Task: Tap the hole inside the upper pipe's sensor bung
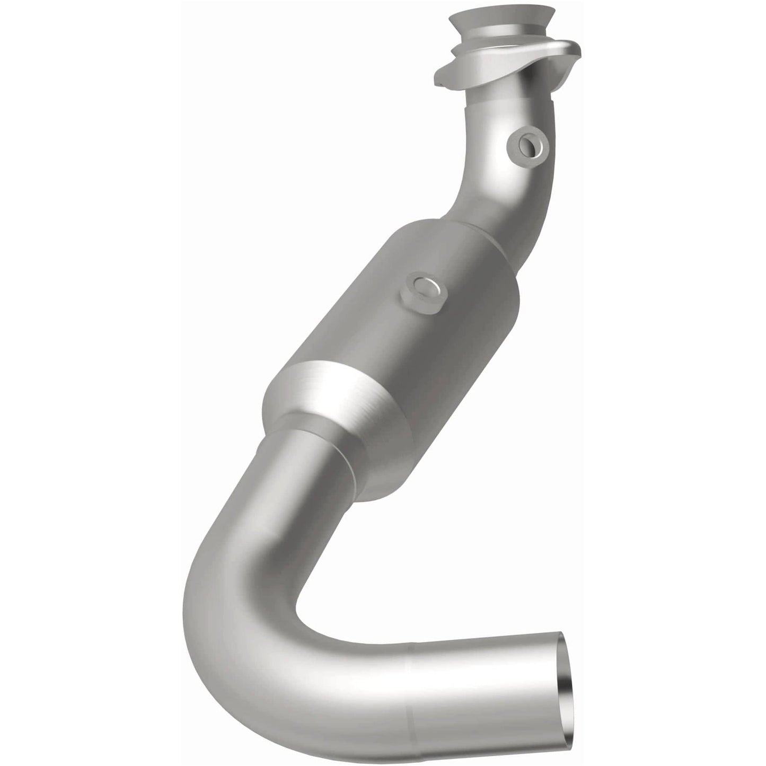coord(529,143)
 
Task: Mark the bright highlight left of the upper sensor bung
coord(493,154)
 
